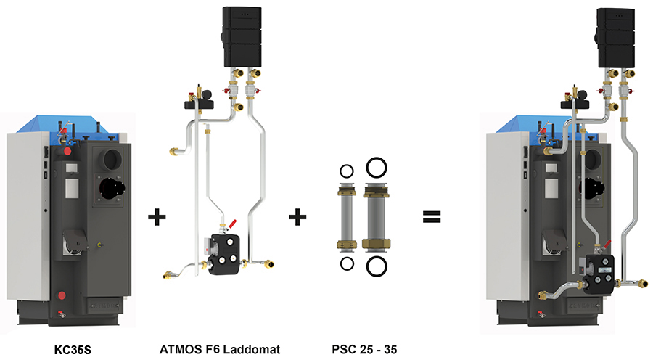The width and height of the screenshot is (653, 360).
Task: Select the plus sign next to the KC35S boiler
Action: point(155,216)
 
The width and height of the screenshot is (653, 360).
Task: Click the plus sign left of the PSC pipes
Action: point(297,216)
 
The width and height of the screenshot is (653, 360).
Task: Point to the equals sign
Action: point(432,216)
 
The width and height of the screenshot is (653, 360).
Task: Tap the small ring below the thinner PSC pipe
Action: point(346,262)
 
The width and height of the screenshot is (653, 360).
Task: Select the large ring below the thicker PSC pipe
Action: point(376,265)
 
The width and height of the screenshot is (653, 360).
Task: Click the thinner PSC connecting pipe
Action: point(346,216)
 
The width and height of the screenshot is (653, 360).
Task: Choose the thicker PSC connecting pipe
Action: point(376,216)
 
